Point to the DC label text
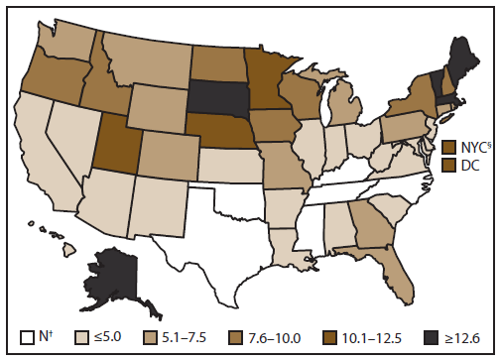coord(471,163)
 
